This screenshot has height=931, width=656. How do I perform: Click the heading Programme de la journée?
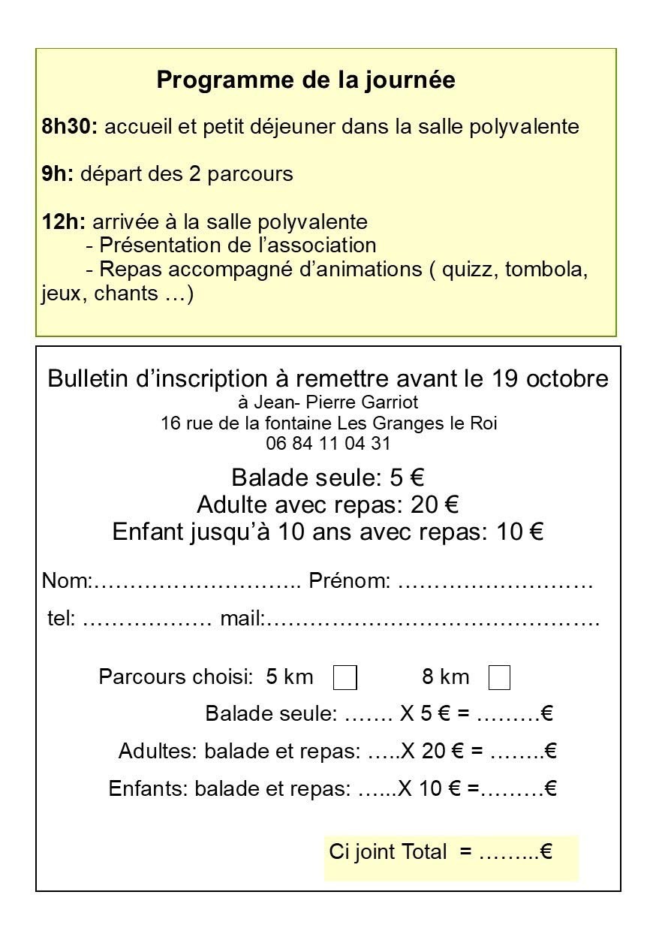pos(305,80)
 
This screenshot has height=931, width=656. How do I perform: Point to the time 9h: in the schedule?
pos(57,174)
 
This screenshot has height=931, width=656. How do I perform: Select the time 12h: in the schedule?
pos(63,222)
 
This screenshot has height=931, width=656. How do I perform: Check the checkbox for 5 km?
pos(345,677)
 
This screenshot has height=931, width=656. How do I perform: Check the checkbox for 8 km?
pos(499,677)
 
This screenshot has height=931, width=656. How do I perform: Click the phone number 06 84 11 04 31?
pos(328,444)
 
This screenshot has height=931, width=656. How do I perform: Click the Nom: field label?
pos(66,581)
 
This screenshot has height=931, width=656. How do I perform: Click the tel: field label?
pos(61,620)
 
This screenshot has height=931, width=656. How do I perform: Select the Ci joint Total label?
pos(388,852)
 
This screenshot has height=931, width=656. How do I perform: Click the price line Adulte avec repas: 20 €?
pos(327,505)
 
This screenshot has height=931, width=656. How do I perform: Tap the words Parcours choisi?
pos(176,676)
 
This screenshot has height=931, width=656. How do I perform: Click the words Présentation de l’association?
pos(237,246)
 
